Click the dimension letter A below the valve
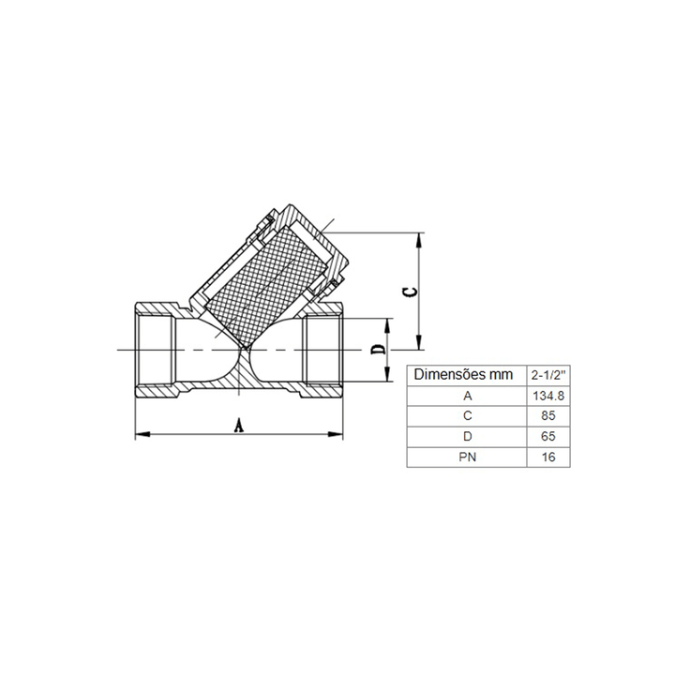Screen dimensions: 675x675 239,426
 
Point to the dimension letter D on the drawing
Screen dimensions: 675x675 379,350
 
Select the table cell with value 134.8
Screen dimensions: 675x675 548,396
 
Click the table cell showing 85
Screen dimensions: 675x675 548,416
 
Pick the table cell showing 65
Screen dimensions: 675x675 548,437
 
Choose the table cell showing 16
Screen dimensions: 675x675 548,457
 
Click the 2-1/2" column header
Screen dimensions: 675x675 548,375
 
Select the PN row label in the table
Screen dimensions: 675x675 467,457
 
